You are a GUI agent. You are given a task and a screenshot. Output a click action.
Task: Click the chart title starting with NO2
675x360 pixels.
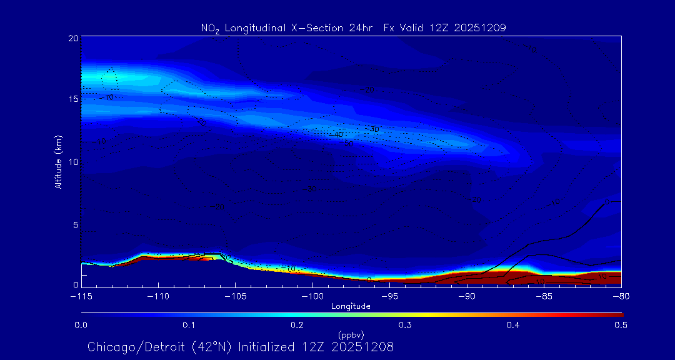point(353,27)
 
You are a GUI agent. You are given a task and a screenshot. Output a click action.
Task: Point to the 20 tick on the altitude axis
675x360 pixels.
point(73,38)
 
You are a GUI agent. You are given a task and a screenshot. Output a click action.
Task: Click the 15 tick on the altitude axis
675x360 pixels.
point(73,99)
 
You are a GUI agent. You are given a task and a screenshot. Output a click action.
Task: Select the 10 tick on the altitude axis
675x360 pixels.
point(73,161)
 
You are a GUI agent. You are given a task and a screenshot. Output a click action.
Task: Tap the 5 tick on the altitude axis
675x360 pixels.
point(76,223)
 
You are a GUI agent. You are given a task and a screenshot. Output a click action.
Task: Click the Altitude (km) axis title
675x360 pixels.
point(58,161)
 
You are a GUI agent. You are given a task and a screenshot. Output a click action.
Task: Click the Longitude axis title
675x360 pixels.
point(351,306)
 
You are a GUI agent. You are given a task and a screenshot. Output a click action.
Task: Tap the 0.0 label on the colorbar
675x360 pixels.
point(81,325)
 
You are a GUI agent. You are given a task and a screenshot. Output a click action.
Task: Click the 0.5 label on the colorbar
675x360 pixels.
point(621,325)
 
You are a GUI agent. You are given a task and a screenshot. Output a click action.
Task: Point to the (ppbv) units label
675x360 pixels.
point(351,334)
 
